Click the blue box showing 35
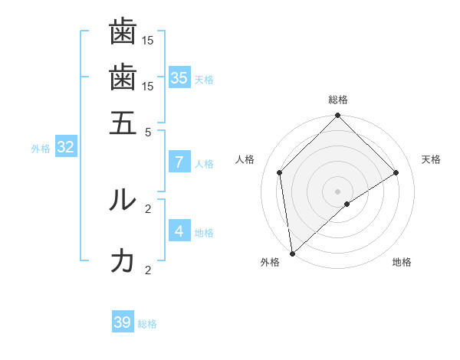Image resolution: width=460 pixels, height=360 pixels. (179, 77)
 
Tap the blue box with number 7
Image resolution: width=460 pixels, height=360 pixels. (179, 162)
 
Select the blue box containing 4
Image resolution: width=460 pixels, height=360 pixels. (179, 231)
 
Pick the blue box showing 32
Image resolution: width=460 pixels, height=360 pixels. (65, 147)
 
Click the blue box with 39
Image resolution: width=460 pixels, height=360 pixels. (123, 322)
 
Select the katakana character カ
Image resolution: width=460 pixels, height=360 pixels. (123, 260)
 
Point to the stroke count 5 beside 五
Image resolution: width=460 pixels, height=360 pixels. (149, 131)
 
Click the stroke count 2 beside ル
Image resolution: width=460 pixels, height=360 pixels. (149, 208)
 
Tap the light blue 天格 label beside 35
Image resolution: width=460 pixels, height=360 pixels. (204, 79)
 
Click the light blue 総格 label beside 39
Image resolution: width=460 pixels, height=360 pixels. (147, 324)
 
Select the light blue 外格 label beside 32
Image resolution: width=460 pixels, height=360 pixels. (41, 149)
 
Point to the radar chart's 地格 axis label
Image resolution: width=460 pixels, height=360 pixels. (402, 262)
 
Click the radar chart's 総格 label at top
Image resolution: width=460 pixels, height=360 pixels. (338, 100)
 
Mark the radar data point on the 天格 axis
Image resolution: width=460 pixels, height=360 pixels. (396, 172)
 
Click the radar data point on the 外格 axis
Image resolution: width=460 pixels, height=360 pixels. (292, 254)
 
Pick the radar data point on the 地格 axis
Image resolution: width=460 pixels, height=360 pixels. (347, 204)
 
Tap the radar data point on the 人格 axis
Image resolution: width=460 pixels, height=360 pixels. (280, 172)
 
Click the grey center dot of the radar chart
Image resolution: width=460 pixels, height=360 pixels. (338, 191)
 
